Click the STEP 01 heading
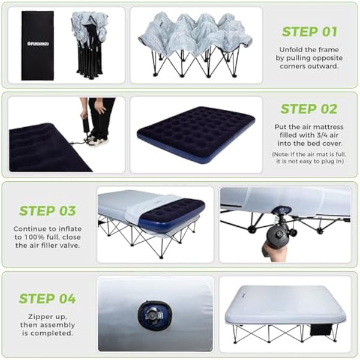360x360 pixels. [x=309, y=32]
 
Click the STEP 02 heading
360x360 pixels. [x=309, y=109]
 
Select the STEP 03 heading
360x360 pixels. [x=47, y=211]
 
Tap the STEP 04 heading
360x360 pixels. [x=47, y=299]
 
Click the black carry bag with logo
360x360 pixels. [x=37, y=45]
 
